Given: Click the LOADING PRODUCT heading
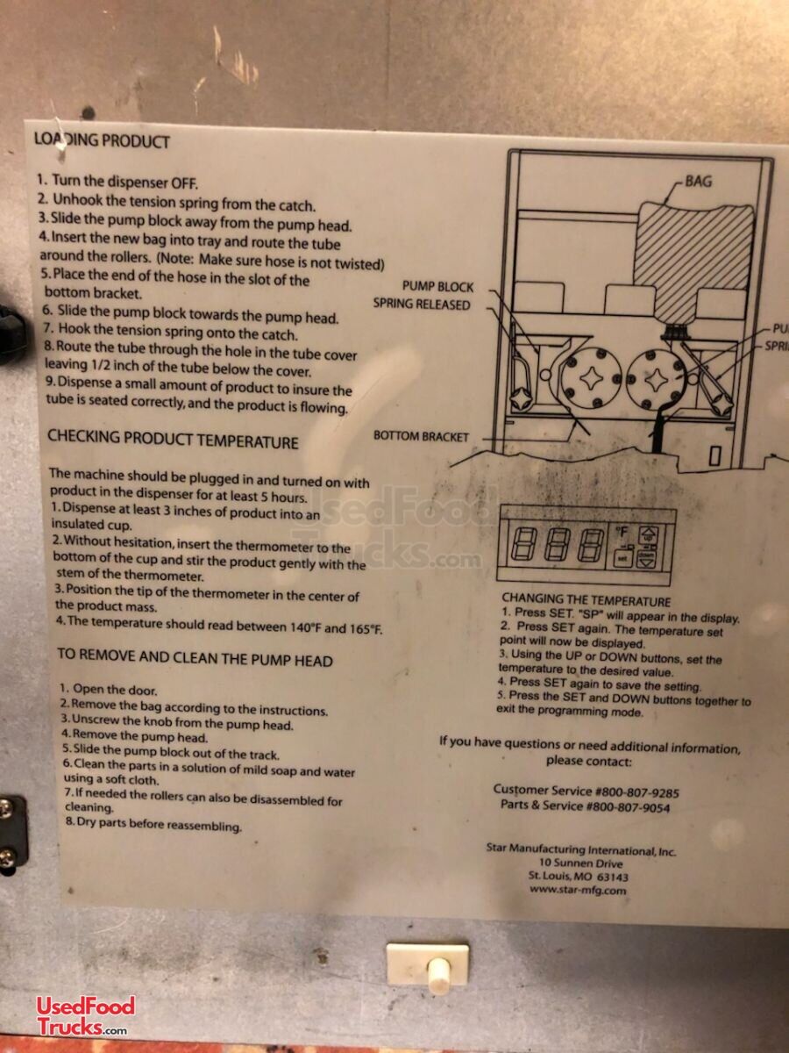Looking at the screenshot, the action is point(102,140).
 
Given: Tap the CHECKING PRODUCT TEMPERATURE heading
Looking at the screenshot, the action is point(173,440).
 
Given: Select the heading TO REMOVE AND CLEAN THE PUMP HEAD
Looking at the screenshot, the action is point(195,658).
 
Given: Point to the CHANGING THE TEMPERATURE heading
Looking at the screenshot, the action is point(586,600).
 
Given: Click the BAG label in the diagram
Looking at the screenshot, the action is point(699,182).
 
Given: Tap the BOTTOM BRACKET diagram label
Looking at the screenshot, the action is point(421,436).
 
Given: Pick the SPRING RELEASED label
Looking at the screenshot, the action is point(422,304).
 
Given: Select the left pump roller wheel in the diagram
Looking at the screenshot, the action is point(590,379).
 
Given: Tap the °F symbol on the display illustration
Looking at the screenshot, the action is point(622,531).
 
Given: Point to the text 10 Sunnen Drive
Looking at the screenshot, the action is point(580,863).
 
